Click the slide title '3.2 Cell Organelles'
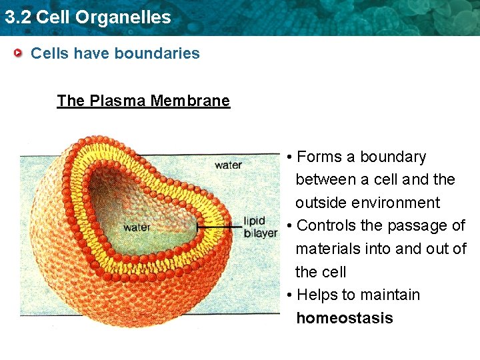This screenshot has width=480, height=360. pos(87,17)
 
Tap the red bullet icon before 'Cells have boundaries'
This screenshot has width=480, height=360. pos(21,53)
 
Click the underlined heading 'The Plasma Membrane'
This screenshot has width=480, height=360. pos(143,101)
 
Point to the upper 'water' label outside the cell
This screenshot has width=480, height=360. pos(228,165)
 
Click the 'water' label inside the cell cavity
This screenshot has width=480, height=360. pos(137,227)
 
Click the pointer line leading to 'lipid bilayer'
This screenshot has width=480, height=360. pos(220,227)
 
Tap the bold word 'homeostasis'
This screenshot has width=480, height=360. pos(345,318)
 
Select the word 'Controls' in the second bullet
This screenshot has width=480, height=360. pos(326,225)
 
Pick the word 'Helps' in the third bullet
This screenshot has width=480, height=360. pos(317,295)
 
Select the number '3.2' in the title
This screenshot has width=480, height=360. pos(17,17)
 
